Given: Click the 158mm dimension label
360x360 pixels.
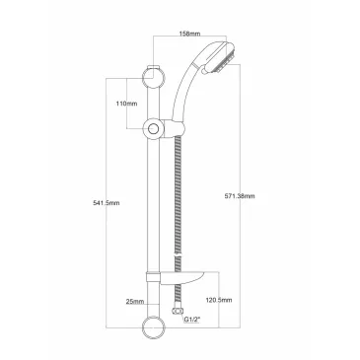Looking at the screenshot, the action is tap(189, 34).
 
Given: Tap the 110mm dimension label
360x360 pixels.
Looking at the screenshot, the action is tap(126, 104).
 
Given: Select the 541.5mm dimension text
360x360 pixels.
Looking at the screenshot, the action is tap(107, 203).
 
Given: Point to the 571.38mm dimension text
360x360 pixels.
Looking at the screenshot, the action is tap(240, 196).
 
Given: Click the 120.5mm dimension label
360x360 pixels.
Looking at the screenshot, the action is tap(219, 300).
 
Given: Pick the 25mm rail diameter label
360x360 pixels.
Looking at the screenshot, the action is tap(135, 301).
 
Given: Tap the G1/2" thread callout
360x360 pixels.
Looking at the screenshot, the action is tap(192, 319).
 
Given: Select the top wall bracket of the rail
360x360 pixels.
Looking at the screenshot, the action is tap(154, 78).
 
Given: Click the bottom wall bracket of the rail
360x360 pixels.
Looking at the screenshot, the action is tap(154, 327).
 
